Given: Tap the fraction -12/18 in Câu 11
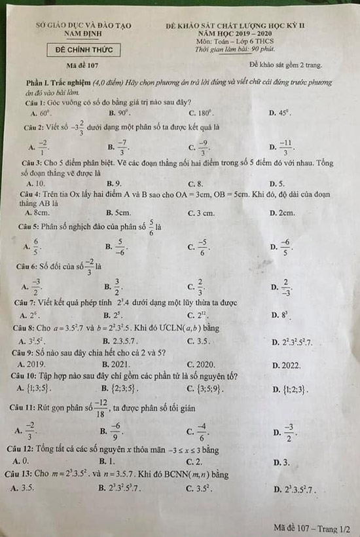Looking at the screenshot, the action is [101, 411].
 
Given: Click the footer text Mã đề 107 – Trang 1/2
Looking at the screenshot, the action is [312, 527].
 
